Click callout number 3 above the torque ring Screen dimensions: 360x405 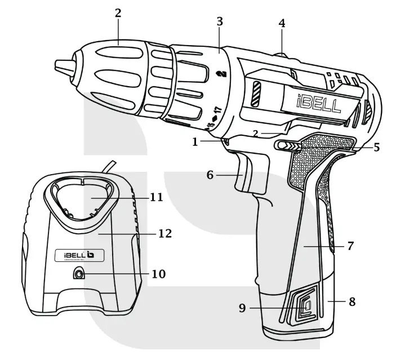(x=220, y=22)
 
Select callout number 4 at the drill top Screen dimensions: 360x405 (x=282, y=24)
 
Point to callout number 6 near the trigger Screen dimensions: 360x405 (x=210, y=175)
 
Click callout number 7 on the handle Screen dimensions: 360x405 (x=350, y=246)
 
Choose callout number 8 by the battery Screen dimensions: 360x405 (x=352, y=301)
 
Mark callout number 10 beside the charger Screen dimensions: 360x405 (x=159, y=274)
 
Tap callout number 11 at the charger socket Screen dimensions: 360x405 (x=157, y=198)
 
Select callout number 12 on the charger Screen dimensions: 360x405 (x=165, y=233)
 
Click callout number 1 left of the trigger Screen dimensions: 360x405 (x=195, y=142)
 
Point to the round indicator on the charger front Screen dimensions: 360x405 (x=78, y=275)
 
